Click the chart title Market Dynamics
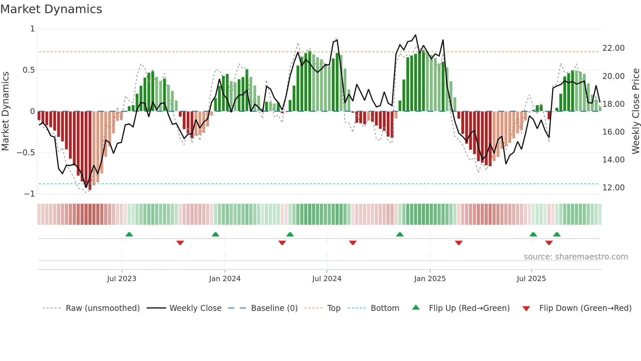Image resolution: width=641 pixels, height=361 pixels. click(51, 9)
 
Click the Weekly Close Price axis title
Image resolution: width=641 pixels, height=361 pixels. click(635, 111)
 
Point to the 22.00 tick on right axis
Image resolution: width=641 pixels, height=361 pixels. click(613, 48)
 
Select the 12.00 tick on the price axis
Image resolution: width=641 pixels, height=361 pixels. click(613, 188)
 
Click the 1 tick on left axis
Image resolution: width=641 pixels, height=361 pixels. click(32, 29)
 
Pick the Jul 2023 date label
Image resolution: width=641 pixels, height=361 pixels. click(122, 279)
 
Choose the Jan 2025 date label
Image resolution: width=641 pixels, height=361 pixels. click(430, 279)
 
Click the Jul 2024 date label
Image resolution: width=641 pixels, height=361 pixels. click(327, 279)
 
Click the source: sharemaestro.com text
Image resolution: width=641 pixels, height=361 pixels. click(576, 257)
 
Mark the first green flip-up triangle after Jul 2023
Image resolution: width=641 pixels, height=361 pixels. click(129, 234)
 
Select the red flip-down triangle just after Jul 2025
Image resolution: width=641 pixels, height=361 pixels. click(549, 243)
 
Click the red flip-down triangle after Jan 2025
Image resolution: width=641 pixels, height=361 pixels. click(459, 243)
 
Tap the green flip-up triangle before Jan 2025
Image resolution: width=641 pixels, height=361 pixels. click(400, 234)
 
